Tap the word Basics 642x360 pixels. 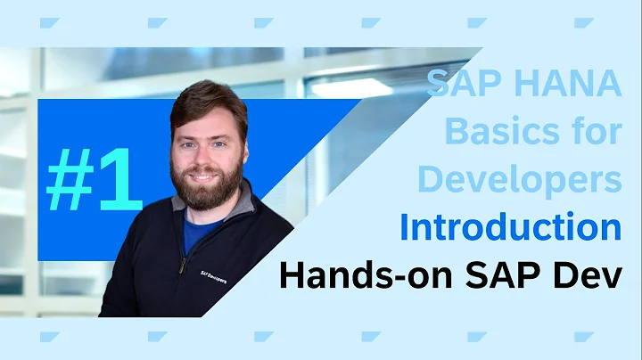496,132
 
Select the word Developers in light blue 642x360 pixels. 519,179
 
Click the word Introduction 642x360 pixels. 510,226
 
